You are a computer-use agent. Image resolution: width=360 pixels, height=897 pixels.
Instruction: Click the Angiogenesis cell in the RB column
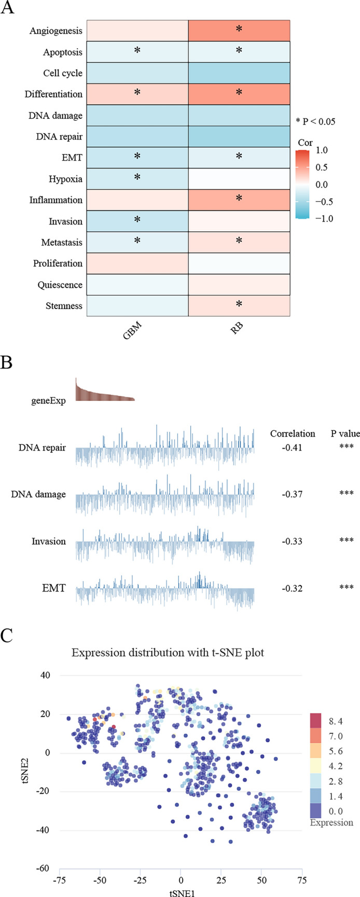pyautogui.click(x=239, y=31)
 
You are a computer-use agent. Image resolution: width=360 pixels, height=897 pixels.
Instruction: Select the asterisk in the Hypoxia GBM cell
pyautogui.click(x=137, y=177)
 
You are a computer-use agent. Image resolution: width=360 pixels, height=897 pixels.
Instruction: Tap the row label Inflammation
pyautogui.click(x=56, y=200)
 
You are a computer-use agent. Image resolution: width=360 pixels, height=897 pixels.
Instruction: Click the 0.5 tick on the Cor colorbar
pyautogui.click(x=322, y=167)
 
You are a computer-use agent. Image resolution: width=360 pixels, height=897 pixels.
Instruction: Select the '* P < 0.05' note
pyautogui.click(x=315, y=122)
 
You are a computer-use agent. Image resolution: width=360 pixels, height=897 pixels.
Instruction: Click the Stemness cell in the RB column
pyautogui.click(x=239, y=305)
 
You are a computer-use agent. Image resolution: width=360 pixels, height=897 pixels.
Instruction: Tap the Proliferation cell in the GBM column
pyautogui.click(x=137, y=263)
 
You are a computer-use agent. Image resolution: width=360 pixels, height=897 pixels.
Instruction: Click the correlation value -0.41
pyautogui.click(x=292, y=447)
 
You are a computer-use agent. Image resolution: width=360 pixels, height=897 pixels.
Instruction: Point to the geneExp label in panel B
pyautogui.click(x=49, y=400)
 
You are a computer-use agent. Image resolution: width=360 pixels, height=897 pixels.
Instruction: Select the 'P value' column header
pyautogui.click(x=345, y=433)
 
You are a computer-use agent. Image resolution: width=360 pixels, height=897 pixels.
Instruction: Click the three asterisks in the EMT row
pyautogui.click(x=346, y=587)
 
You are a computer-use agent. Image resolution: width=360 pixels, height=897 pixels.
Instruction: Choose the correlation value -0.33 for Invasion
pyautogui.click(x=292, y=541)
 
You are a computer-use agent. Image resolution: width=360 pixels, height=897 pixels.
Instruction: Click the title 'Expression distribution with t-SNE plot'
pyautogui.click(x=168, y=652)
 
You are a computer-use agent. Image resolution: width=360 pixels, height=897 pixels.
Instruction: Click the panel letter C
pyautogui.click(x=7, y=636)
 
